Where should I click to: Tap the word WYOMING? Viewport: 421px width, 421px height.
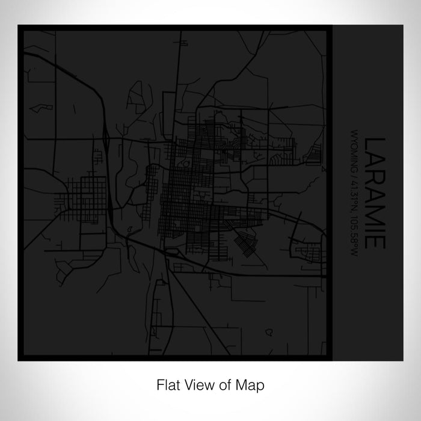[353, 150]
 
